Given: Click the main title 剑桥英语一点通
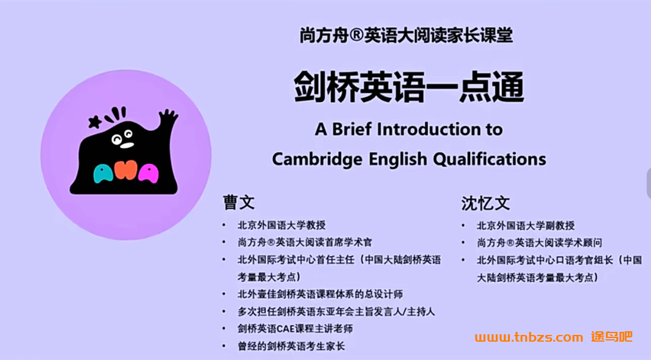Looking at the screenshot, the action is click(409, 87).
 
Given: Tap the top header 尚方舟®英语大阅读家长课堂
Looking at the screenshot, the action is click(406, 35).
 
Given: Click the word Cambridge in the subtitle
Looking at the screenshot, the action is click(317, 159).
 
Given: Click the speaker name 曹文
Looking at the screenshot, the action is click(239, 203).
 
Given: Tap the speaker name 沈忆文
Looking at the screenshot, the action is click(485, 204).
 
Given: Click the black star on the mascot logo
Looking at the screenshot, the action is click(95, 122).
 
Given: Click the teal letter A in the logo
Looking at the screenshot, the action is click(103, 174).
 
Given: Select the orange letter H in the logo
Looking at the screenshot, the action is click(126, 171).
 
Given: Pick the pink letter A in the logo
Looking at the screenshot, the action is click(148, 174).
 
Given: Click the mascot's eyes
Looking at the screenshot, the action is click(122, 137).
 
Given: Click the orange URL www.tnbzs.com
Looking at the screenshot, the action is click(529, 337).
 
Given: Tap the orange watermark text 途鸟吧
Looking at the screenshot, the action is click(612, 336).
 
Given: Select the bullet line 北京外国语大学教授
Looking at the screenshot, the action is click(282, 225).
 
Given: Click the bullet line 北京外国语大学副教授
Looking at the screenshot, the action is click(526, 226).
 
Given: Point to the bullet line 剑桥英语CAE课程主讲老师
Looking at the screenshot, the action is click(295, 329).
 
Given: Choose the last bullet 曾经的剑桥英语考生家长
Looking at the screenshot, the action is click(291, 346).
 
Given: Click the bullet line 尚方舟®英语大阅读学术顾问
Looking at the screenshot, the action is click(539, 243).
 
